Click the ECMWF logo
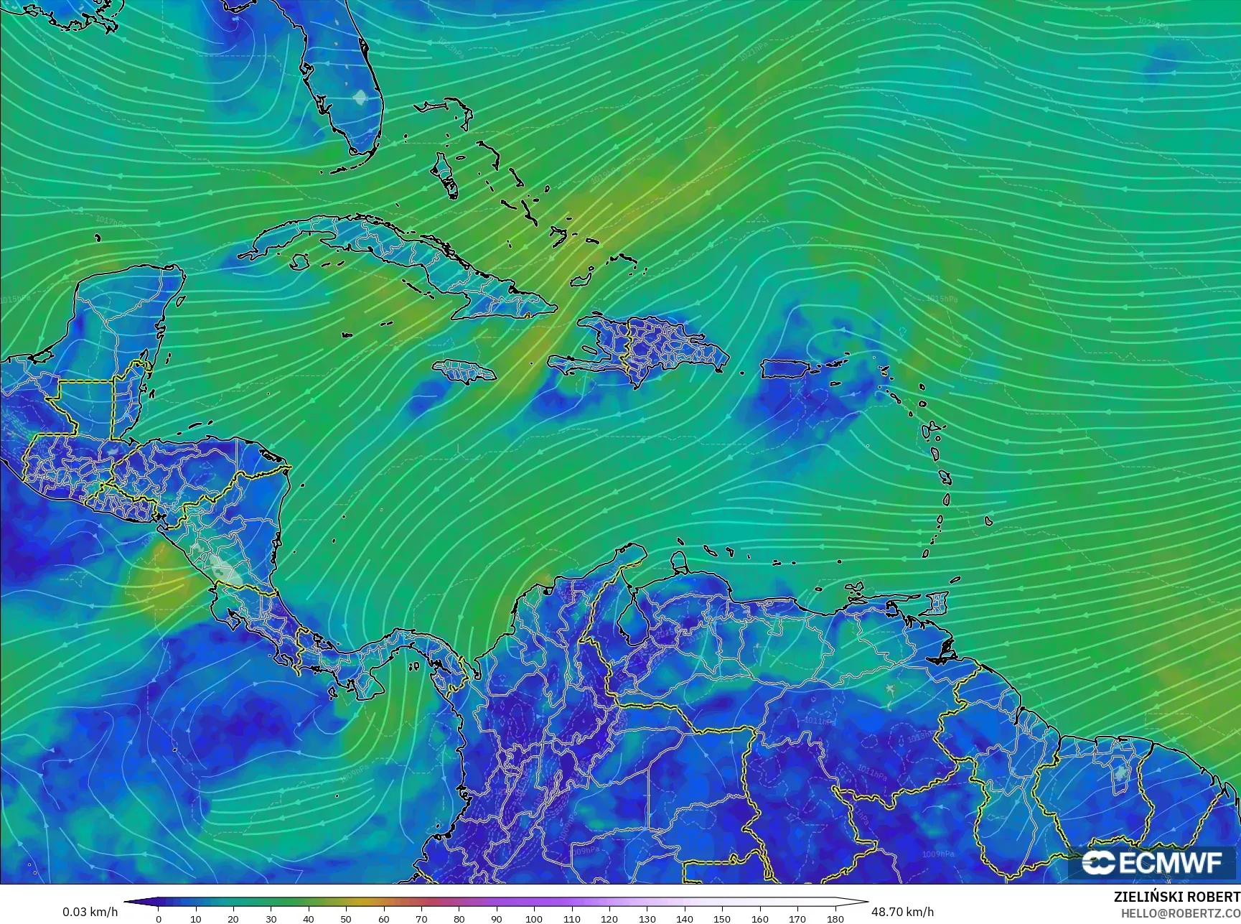1151,862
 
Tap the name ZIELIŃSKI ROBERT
1176,897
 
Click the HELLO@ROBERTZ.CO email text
1181,913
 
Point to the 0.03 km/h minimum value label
90,912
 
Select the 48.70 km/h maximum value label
902,912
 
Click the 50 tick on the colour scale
346,918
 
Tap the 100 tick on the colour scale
534,918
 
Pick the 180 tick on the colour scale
835,918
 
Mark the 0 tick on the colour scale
159,918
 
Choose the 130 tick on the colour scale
647,918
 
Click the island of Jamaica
464,370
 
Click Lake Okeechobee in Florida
360,97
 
